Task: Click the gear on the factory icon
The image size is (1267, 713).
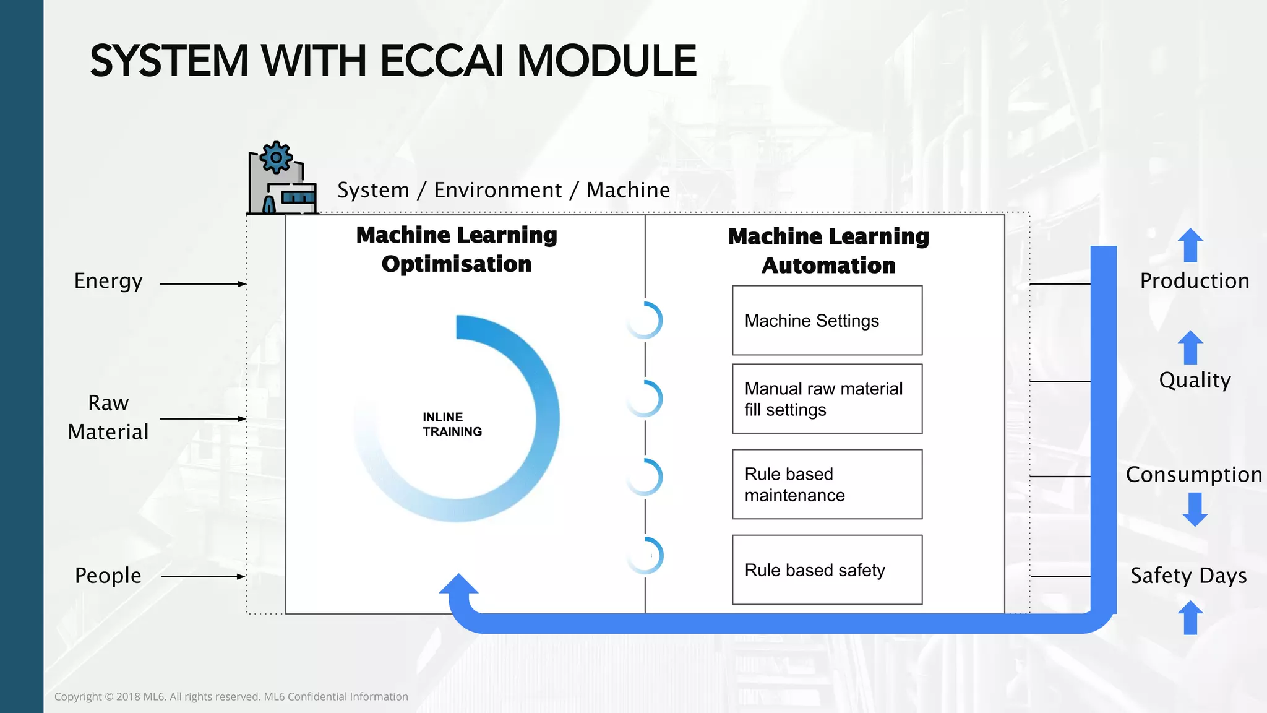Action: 276,157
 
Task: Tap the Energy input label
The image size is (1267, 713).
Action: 108,281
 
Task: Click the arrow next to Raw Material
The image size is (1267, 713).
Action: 203,419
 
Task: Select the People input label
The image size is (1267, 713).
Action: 108,576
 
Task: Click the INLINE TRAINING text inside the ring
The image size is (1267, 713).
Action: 452,425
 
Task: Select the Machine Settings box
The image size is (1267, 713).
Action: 827,321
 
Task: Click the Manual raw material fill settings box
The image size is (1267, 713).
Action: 827,399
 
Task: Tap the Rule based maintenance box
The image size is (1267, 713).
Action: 827,484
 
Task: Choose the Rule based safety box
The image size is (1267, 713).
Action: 827,569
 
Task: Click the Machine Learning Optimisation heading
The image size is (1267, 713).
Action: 457,249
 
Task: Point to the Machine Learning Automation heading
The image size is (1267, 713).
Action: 828,251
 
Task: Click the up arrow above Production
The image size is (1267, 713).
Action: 1190,245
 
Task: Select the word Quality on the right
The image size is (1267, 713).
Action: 1195,380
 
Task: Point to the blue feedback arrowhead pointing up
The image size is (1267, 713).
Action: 458,585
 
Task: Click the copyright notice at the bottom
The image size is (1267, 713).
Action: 231,697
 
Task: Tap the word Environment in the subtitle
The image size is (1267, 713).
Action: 498,190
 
